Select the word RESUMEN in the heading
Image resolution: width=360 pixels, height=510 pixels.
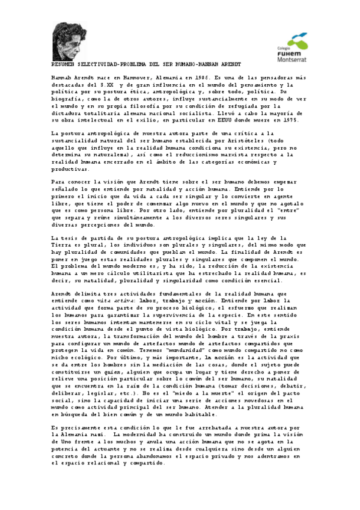(x=66, y=62)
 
